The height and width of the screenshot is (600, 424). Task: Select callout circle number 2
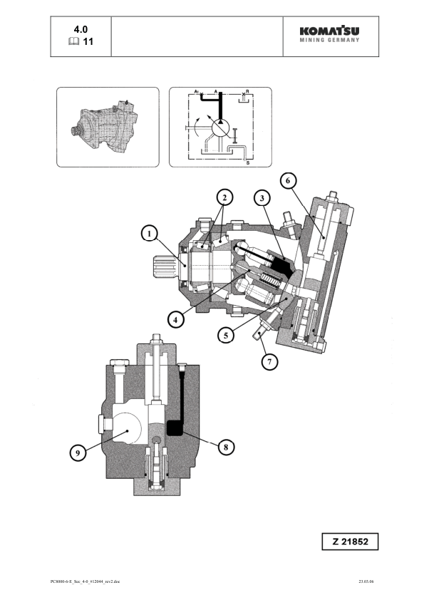coord(224,197)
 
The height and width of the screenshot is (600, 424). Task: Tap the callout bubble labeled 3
coord(262,197)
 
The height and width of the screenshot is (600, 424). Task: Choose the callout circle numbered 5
coord(226,333)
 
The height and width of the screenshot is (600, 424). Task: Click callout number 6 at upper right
coord(288,181)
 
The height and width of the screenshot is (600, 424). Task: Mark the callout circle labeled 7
coord(269,361)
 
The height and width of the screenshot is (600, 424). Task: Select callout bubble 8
coord(226,447)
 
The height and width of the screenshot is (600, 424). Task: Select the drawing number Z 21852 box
coord(350,542)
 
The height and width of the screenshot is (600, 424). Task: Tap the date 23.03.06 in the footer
coord(368,582)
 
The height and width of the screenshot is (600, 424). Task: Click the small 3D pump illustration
coord(107,127)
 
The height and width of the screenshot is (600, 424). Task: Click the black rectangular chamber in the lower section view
coord(175,428)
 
